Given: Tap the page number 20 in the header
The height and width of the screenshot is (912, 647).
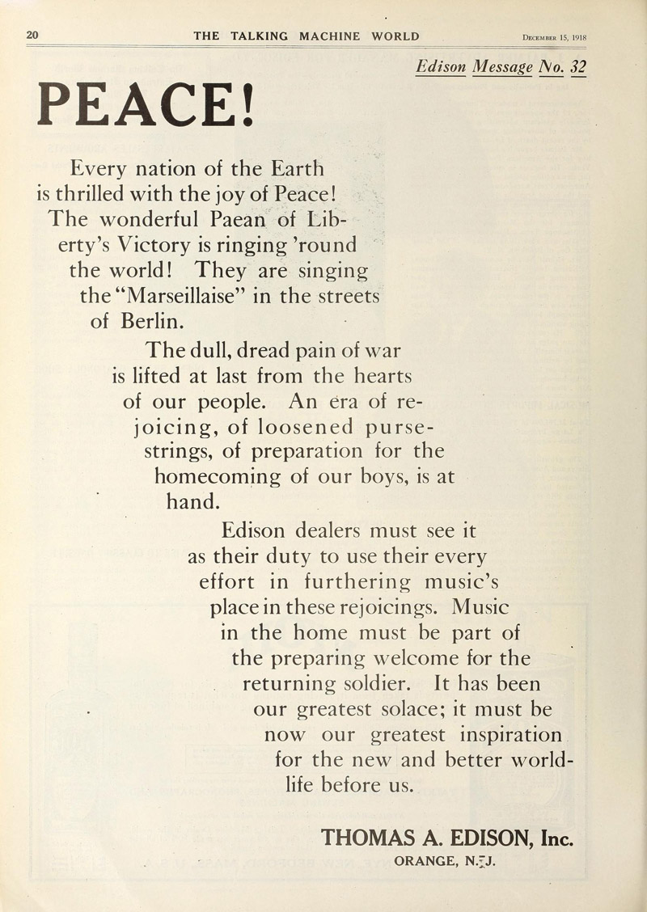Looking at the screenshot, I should point(33,36).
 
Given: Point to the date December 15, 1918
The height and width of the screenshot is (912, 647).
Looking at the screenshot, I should point(554,37).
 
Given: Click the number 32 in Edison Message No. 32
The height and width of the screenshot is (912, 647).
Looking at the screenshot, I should point(576,68).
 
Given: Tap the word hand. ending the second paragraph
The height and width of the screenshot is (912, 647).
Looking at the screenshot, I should point(192,501).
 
